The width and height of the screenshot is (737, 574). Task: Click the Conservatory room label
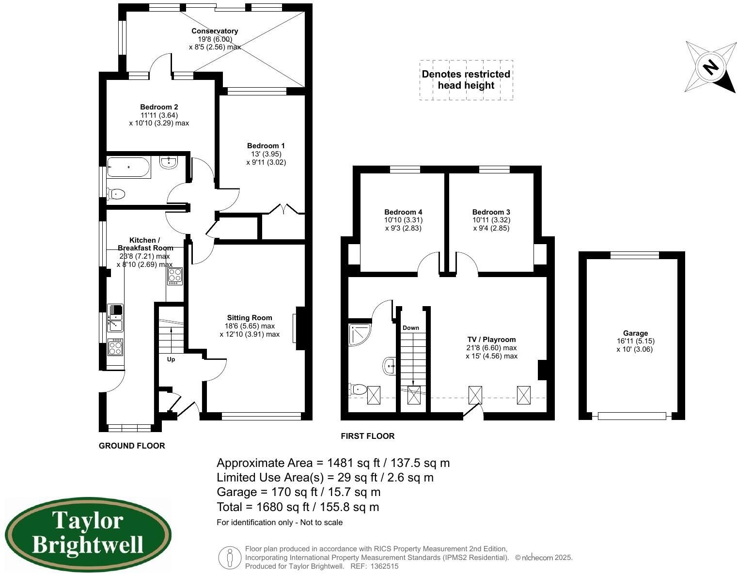click(215, 31)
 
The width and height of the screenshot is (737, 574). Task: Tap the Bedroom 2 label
click(159, 107)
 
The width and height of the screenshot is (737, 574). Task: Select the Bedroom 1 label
click(266, 146)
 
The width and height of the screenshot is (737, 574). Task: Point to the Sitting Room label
click(250, 318)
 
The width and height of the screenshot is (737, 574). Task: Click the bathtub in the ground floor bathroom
click(128, 167)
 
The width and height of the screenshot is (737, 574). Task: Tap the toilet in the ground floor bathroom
click(117, 194)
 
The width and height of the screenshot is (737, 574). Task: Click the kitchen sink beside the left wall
click(115, 317)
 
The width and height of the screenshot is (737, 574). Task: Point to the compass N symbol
click(711, 66)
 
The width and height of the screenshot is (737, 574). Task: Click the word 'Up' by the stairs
click(171, 359)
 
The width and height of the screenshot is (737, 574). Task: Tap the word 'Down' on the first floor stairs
click(410, 328)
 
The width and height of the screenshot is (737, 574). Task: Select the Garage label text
click(635, 333)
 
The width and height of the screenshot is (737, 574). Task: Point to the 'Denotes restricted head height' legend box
click(466, 80)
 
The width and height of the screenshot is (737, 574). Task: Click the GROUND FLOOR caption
click(132, 446)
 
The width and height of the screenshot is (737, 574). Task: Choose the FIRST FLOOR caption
click(367, 436)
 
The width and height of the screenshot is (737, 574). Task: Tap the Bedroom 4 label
click(403, 212)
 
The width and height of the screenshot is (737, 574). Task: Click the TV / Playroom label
click(491, 340)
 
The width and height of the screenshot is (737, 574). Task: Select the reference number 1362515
click(384, 566)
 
